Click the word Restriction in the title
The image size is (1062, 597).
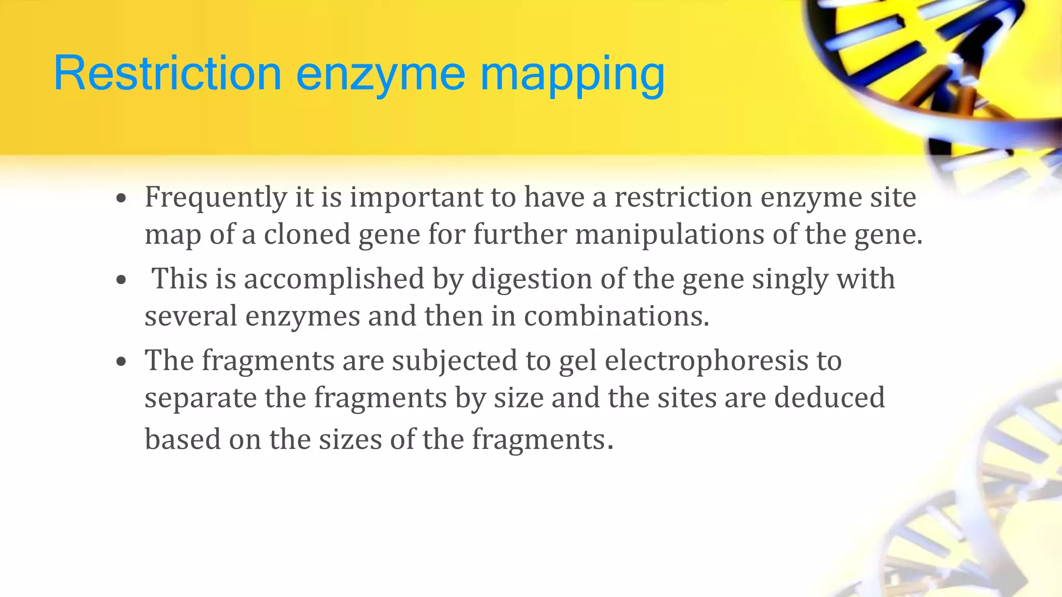pyautogui.click(x=167, y=74)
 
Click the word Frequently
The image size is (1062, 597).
pyautogui.click(x=216, y=198)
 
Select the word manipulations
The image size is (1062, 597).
pyautogui.click(x=669, y=234)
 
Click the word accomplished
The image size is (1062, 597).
pyautogui.click(x=334, y=279)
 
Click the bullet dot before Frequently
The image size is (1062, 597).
pyautogui.click(x=121, y=198)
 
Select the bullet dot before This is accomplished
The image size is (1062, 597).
pyautogui.click(x=121, y=280)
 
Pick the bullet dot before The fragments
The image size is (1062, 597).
pyautogui.click(x=121, y=362)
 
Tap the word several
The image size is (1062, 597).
pyautogui.click(x=190, y=316)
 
